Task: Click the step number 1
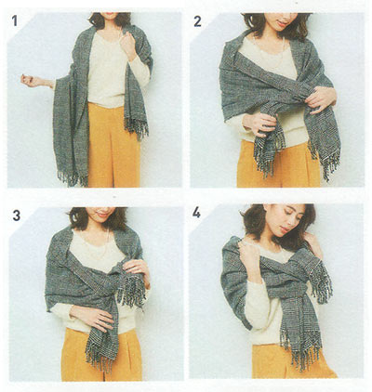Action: coord(15,20)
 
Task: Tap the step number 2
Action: coord(197,20)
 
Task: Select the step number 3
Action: coord(17,215)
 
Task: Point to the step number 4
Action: coord(196,213)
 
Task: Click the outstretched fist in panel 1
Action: coord(27,80)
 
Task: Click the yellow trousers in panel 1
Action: coord(113,146)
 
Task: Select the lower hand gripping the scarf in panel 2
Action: coord(259,124)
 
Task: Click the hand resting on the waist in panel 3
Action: coord(93,319)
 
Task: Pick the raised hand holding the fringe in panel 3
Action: coord(137,268)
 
